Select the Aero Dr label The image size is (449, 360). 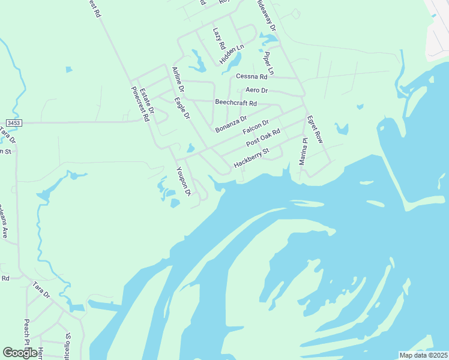pyautogui.click(x=256, y=90)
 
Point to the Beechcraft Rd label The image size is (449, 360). pyautogui.click(x=236, y=103)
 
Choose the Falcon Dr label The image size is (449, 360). pyautogui.click(x=255, y=128)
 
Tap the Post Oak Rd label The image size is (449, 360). pyautogui.click(x=264, y=139)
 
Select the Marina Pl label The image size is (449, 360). pyautogui.click(x=304, y=151)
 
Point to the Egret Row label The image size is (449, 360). pyautogui.click(x=315, y=129)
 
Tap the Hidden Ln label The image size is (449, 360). pyautogui.click(x=232, y=54)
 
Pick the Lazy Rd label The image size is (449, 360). pyautogui.click(x=218, y=38)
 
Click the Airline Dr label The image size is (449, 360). pyautogui.click(x=178, y=80)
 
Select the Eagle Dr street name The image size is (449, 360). pyautogui.click(x=182, y=108)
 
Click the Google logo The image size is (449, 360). pyautogui.click(x=20, y=353)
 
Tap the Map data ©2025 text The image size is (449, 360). pyautogui.click(x=423, y=355)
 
